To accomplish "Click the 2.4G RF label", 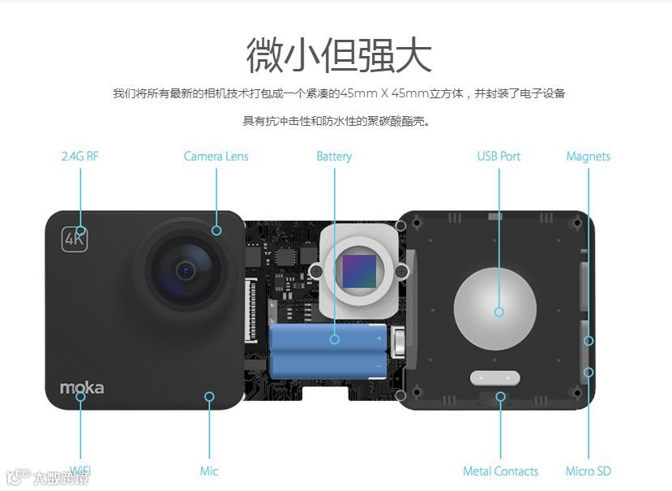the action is click(x=80, y=156).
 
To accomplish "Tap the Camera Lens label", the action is click(x=216, y=156).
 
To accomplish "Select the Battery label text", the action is click(x=334, y=157).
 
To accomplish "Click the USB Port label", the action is click(x=499, y=156).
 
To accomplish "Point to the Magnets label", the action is click(x=588, y=157).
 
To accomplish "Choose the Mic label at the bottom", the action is click(x=209, y=471).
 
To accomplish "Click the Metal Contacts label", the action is click(x=501, y=471).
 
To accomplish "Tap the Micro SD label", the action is click(x=588, y=471).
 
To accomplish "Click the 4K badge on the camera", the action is click(x=75, y=239).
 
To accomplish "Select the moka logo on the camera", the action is click(x=82, y=388).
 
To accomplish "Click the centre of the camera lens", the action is click(x=186, y=270).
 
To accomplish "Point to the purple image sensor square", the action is click(x=359, y=272).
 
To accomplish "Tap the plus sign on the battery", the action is click(x=379, y=338).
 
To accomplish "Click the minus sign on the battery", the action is click(x=379, y=366).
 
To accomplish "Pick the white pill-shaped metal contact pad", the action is click(x=495, y=378).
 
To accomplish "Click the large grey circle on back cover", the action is click(x=495, y=308).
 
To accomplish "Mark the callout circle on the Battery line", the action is click(x=335, y=339).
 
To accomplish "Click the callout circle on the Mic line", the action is click(x=209, y=396).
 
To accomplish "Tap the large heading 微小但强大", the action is click(x=339, y=55).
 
